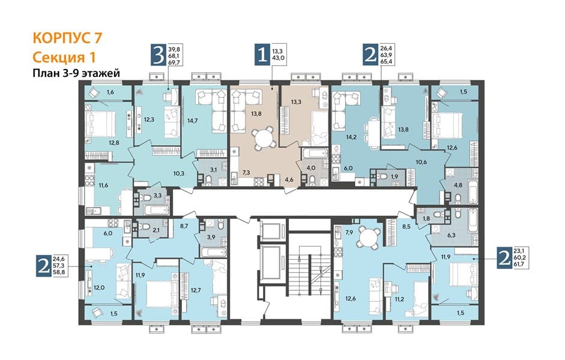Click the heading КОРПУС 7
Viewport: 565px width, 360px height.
click(67, 38)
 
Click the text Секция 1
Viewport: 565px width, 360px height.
click(64, 57)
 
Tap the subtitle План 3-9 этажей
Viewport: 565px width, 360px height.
click(76, 73)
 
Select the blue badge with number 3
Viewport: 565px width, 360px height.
click(159, 55)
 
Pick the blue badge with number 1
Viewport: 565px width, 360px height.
click(262, 55)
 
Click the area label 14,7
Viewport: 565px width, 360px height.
click(193, 121)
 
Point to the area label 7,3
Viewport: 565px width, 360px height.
click(246, 173)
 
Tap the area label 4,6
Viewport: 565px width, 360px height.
click(289, 179)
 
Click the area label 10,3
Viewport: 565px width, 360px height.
click(179, 173)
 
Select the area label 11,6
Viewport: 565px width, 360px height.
click(103, 185)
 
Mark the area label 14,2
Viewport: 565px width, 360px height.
click(351, 137)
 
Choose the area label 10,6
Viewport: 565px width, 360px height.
click(421, 162)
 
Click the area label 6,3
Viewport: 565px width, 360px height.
click(451, 235)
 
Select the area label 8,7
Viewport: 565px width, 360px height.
click(183, 227)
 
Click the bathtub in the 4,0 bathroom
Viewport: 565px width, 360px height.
click(314, 154)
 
